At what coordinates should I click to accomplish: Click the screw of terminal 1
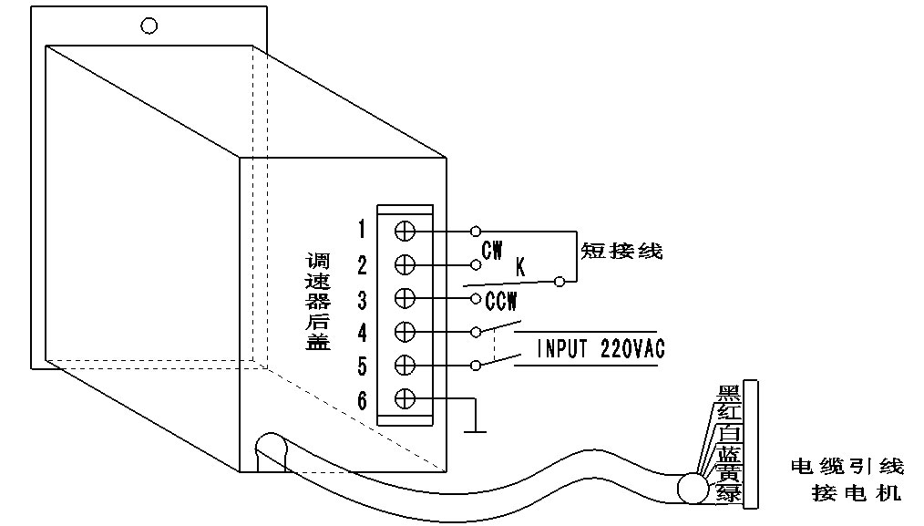[406, 229]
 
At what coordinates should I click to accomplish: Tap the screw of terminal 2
[406, 263]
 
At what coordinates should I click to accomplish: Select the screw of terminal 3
[406, 298]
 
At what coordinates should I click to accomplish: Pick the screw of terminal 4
[406, 332]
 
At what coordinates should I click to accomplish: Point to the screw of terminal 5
[406, 366]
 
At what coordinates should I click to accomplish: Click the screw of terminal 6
[406, 399]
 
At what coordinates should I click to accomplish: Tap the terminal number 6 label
[362, 400]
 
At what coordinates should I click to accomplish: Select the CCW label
[502, 299]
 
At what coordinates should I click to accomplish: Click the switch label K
[520, 268]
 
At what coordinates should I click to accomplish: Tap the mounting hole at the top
[149, 26]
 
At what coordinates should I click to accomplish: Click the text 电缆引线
[847, 467]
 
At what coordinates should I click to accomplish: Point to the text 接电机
[857, 495]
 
